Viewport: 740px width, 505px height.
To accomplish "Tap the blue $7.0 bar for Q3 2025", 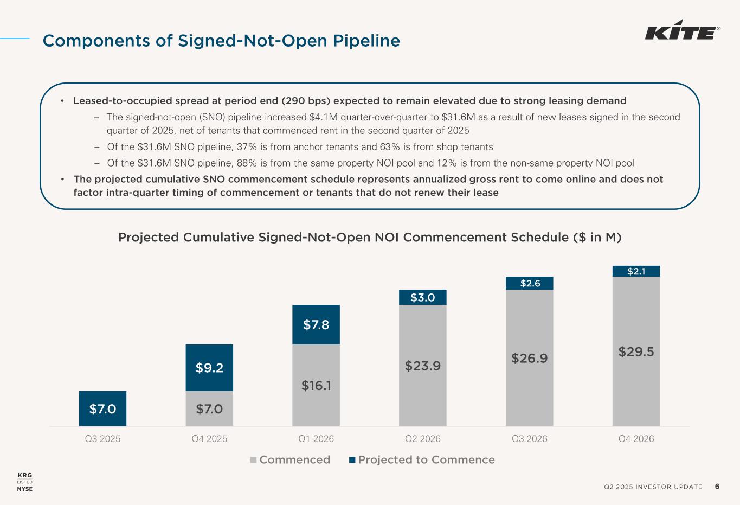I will pyautogui.click(x=102, y=408).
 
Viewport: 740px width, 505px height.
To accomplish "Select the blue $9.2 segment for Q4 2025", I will pyautogui.click(x=209, y=368).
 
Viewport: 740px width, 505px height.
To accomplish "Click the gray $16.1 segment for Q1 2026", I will pyautogui.click(x=316, y=386).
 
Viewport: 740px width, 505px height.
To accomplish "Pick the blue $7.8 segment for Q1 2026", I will pyautogui.click(x=316, y=324).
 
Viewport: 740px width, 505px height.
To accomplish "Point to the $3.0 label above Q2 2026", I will pyautogui.click(x=422, y=297).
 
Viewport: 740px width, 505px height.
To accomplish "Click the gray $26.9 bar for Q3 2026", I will pyautogui.click(x=529, y=358).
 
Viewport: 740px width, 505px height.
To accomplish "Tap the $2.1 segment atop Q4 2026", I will pyautogui.click(x=636, y=271).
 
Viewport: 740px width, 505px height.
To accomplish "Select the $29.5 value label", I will pyautogui.click(x=636, y=351).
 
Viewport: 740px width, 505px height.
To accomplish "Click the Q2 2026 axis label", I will pyautogui.click(x=423, y=439).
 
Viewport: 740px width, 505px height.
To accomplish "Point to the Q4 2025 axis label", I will pyautogui.click(x=209, y=439).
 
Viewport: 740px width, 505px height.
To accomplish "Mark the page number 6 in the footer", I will pyautogui.click(x=717, y=487).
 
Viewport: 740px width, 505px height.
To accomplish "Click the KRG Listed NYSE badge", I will pyautogui.click(x=25, y=482).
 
